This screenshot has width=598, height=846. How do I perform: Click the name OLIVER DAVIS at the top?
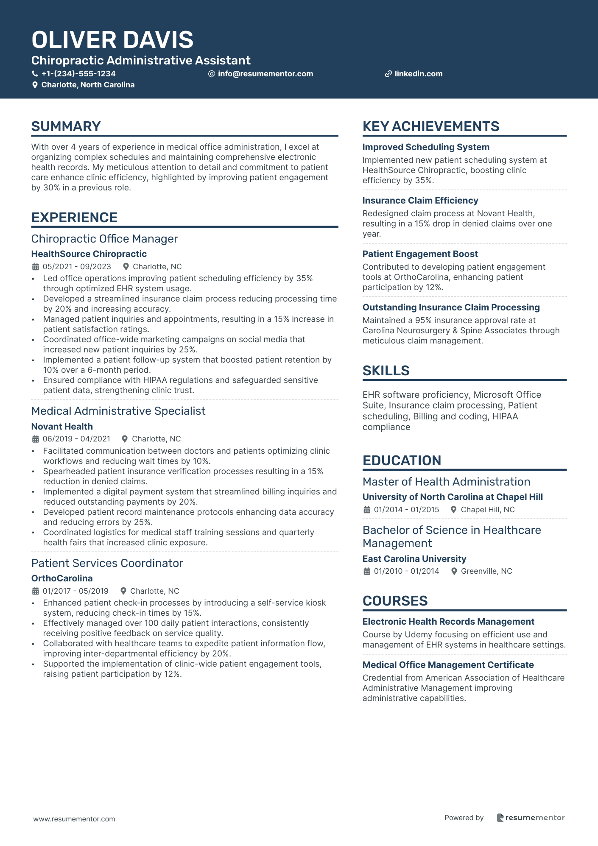click(x=112, y=40)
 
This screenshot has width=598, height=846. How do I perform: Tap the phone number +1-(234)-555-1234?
click(x=78, y=74)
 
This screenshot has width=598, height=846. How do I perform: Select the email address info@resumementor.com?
click(x=265, y=74)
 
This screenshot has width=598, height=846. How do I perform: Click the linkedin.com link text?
click(x=418, y=74)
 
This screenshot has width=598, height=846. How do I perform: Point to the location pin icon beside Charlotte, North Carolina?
click(x=35, y=85)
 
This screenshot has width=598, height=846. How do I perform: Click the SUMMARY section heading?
click(x=66, y=126)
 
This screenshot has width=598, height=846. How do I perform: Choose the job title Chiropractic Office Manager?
click(x=104, y=239)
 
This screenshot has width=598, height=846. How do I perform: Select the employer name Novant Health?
click(x=62, y=427)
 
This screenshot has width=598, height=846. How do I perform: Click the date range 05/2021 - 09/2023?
click(x=77, y=267)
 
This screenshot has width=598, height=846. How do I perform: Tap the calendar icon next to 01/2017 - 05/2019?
click(x=36, y=591)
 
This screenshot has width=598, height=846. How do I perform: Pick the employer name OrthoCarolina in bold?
click(x=62, y=578)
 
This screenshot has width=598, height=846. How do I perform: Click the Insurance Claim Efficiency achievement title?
click(x=420, y=201)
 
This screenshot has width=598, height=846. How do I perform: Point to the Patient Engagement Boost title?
click(x=420, y=254)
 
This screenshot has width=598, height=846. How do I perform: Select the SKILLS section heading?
click(x=386, y=371)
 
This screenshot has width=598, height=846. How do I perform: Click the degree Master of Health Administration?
click(x=446, y=482)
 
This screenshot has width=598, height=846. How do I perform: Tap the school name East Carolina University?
click(x=414, y=559)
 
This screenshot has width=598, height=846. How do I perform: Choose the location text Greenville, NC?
click(x=486, y=571)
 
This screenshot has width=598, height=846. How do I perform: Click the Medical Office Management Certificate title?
click(x=448, y=665)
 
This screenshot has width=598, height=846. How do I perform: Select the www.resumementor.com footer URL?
click(x=74, y=819)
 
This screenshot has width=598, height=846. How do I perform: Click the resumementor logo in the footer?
click(x=531, y=818)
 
